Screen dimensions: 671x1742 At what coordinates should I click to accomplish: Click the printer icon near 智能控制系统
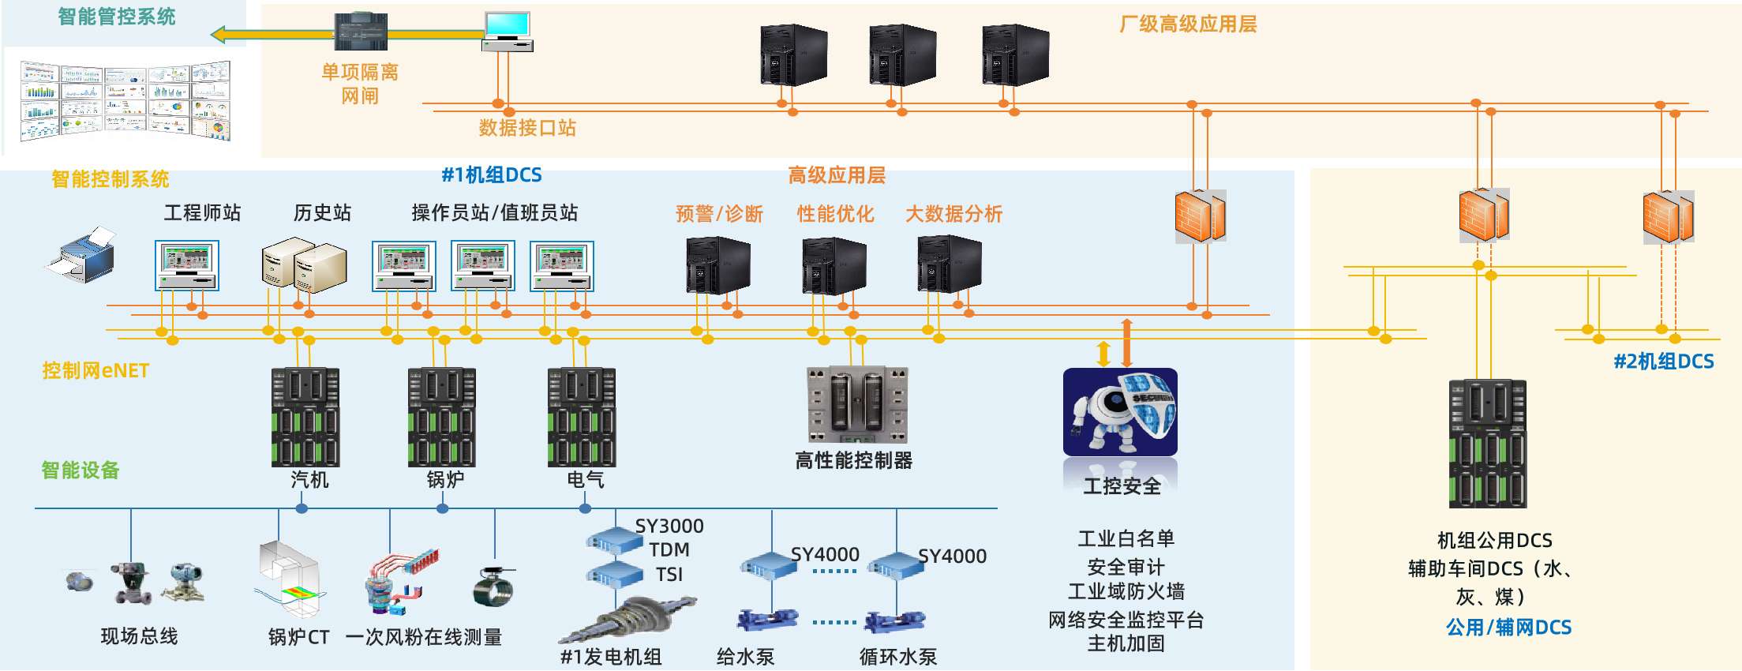81,255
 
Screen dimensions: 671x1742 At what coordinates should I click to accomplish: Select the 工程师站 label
202,212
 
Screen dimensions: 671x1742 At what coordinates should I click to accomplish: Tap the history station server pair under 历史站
304,265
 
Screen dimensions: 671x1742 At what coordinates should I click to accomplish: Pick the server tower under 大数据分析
949,264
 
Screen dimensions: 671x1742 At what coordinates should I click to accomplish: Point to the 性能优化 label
835,214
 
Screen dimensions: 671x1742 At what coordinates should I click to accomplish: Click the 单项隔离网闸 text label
360,84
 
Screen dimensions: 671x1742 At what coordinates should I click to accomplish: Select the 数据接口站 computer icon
507,32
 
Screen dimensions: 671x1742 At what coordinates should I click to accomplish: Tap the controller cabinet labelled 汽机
305,417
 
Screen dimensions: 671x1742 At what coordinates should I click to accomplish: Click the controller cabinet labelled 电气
582,417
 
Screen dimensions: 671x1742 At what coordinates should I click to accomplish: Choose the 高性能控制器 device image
857,405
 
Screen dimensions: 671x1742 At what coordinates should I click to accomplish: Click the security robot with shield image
1120,412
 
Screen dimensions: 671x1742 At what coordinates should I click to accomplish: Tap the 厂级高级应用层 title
1188,24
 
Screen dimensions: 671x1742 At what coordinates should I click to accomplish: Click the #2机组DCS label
1663,362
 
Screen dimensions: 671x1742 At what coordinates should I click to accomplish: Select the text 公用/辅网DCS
1508,628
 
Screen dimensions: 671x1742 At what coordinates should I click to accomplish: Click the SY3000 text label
669,526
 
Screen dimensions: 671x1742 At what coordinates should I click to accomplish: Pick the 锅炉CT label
298,637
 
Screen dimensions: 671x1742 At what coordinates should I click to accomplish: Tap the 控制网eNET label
96,370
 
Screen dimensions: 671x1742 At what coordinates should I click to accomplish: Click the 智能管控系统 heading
117,17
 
